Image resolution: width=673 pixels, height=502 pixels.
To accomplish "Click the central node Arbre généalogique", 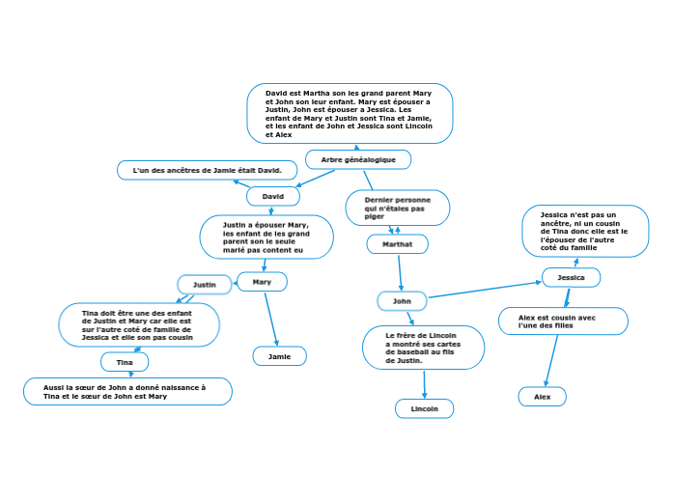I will click(358, 158).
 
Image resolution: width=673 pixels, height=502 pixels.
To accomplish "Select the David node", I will click(273, 196).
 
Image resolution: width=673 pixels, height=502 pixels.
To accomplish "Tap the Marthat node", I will click(397, 244).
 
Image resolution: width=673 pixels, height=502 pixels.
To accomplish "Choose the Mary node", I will click(262, 282).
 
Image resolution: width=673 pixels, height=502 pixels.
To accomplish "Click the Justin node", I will click(205, 285).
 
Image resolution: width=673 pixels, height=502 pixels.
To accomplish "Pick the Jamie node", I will click(279, 356).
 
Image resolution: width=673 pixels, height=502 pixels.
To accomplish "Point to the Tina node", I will click(125, 362).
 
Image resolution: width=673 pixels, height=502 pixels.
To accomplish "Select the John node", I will click(402, 301).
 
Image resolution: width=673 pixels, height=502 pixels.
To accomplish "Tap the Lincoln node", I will click(424, 408).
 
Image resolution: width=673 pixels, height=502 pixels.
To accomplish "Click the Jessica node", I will click(571, 277).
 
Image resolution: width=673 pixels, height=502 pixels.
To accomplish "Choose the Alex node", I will click(542, 396).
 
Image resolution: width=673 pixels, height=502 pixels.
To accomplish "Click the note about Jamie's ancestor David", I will click(201, 170).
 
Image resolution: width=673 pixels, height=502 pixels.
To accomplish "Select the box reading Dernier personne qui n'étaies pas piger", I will click(397, 208).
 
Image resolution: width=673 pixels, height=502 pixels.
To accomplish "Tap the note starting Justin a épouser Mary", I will click(266, 237).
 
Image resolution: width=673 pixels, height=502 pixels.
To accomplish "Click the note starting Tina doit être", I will click(138, 325).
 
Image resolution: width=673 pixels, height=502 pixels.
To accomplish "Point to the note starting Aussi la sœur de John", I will click(127, 391).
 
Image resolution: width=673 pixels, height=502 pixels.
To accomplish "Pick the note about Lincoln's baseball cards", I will click(423, 348).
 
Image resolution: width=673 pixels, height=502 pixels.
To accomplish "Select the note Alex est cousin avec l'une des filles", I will click(563, 321).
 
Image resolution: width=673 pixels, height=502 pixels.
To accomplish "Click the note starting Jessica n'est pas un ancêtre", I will click(585, 232).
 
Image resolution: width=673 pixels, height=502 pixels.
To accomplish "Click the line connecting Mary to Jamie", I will click(271, 319).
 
